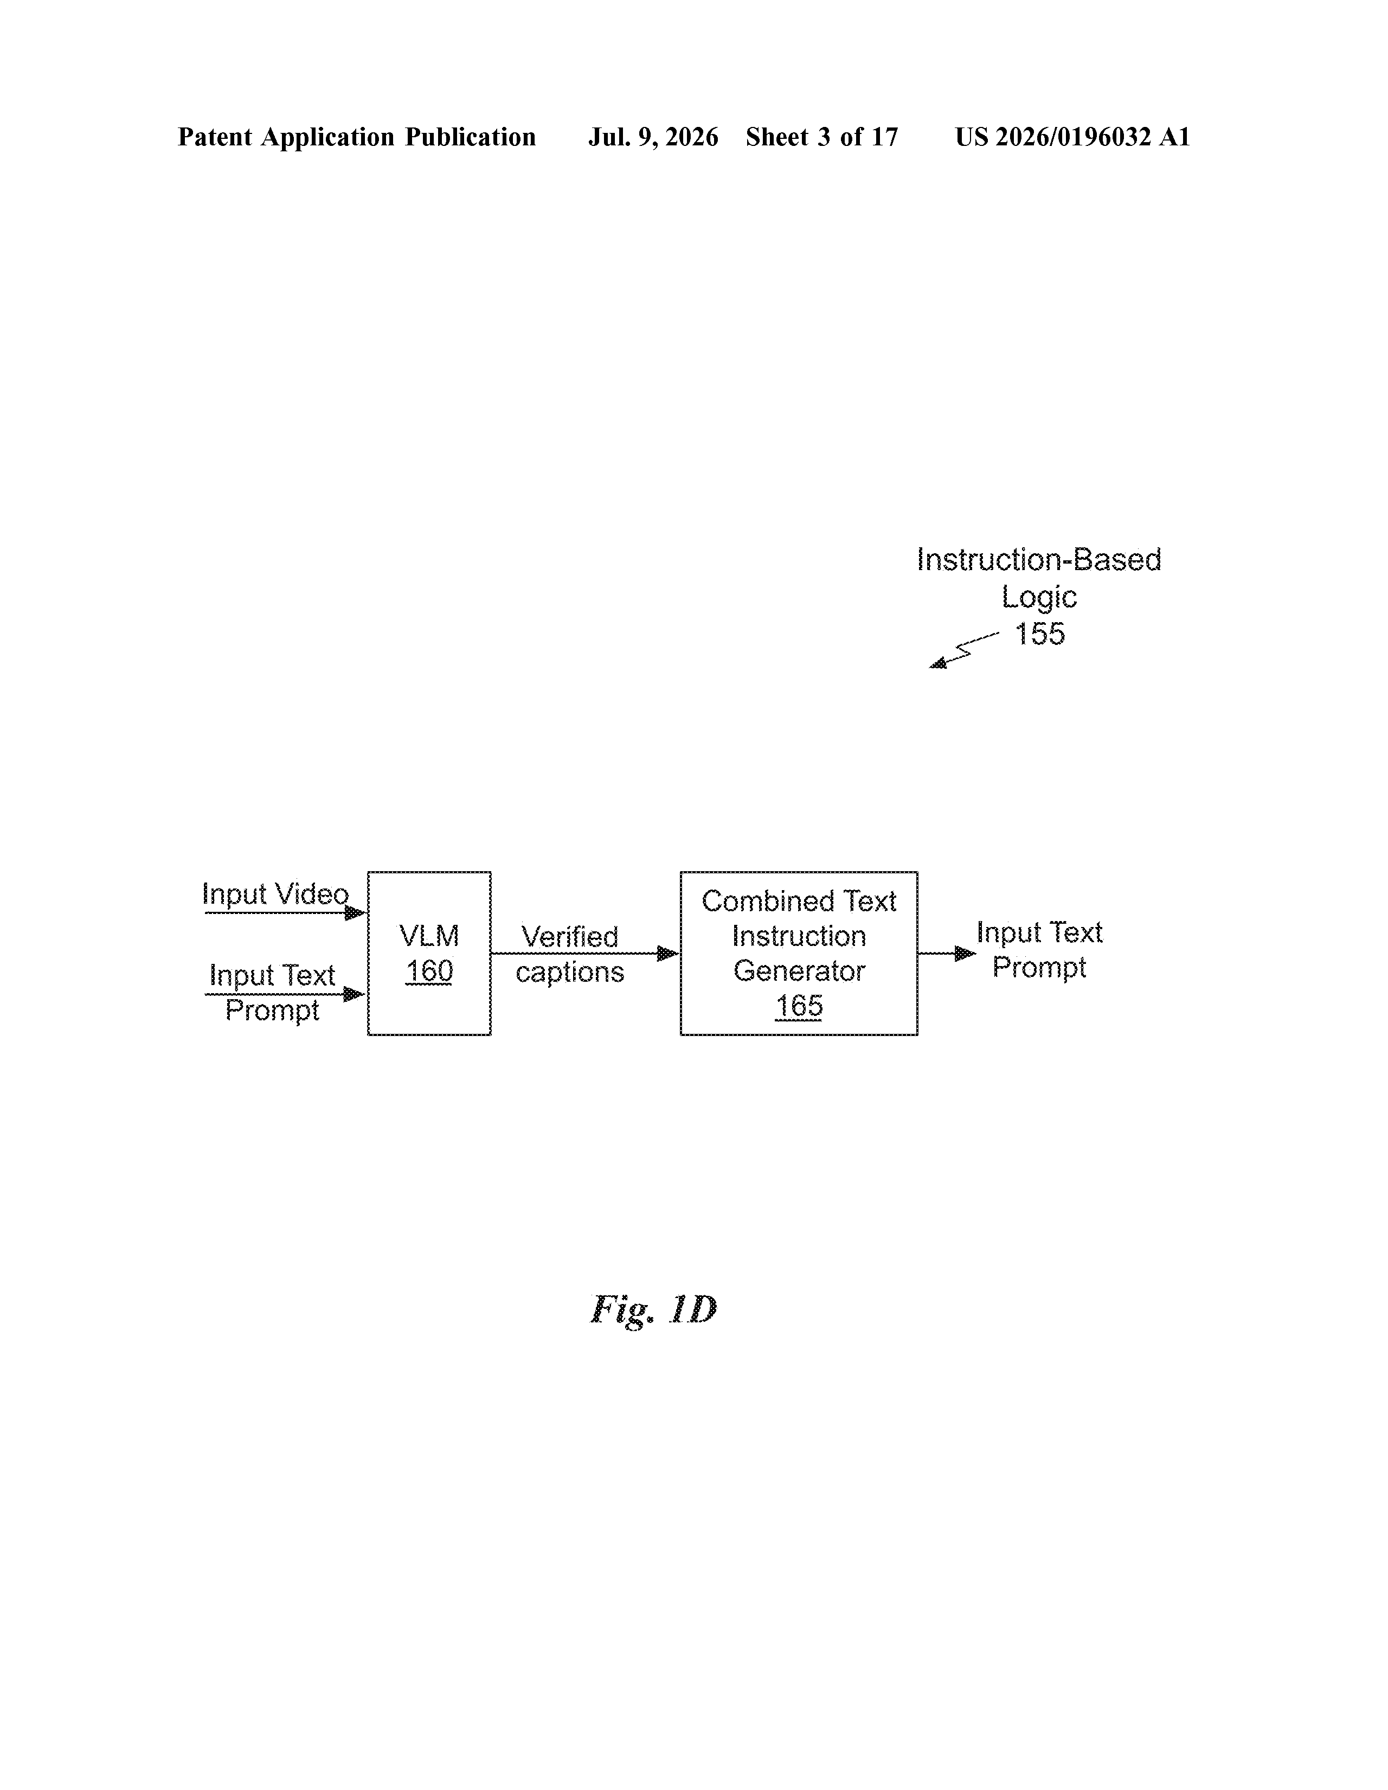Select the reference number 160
tap(428, 971)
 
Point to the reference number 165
tap(799, 1006)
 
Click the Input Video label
tap(275, 893)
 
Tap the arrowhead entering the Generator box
tap(669, 953)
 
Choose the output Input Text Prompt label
tap(1039, 949)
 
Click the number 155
tap(1040, 634)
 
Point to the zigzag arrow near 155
tap(963, 650)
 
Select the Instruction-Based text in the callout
tap(1039, 560)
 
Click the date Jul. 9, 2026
tap(653, 137)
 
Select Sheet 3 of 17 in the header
tap(822, 137)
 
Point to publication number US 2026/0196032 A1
tap(1072, 137)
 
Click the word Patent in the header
tap(215, 137)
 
